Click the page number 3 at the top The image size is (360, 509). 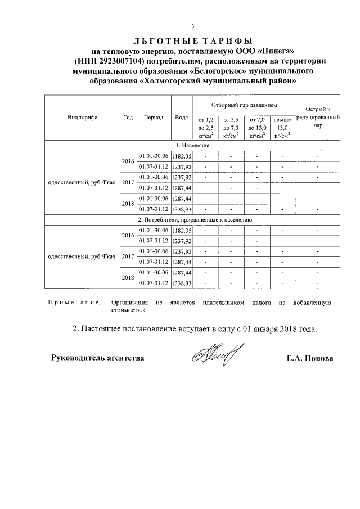tap(193, 26)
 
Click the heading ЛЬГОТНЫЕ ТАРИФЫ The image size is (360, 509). tap(193, 42)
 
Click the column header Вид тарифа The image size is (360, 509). tap(82, 118)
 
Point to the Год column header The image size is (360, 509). tap(128, 118)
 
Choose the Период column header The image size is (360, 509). tap(154, 118)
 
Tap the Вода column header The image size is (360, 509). tap(182, 118)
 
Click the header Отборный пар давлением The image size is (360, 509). tap(244, 105)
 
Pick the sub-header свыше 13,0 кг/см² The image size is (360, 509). tap(282, 128)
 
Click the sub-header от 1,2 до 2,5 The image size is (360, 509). tap(203, 128)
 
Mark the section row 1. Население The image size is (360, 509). tap(193, 146)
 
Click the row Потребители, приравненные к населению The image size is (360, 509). tap(193, 219)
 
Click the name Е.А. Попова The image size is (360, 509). tap(309, 358)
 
